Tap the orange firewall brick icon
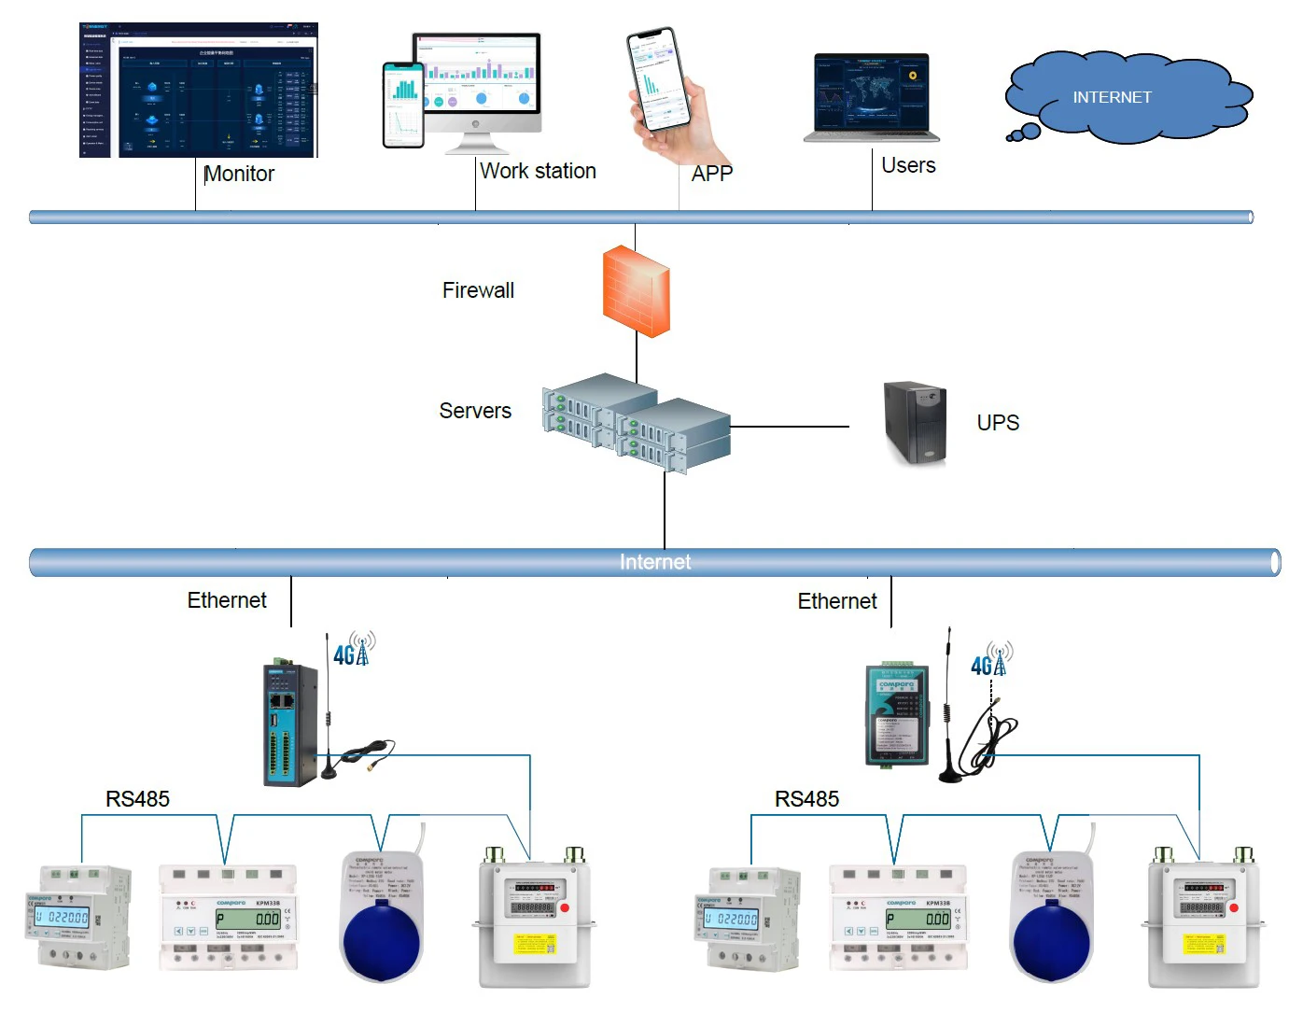636,290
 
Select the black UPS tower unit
916,423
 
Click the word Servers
475,411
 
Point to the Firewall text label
478,290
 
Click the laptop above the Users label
871,96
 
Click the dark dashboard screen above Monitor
199,91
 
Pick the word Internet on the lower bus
655,562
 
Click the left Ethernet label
227,600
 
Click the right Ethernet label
837,601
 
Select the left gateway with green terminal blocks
291,724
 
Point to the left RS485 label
137,799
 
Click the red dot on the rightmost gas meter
1233,907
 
